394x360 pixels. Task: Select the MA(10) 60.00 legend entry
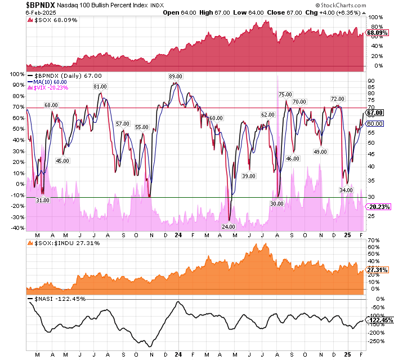pyautogui.click(x=55, y=81)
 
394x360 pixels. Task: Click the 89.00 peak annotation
pyautogui.click(x=176, y=76)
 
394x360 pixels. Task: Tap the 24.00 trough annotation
pyautogui.click(x=228, y=226)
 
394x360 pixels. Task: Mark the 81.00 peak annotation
pyautogui.click(x=100, y=86)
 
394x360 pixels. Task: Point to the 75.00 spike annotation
pyautogui.click(x=285, y=94)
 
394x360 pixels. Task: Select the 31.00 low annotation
pyautogui.click(x=43, y=200)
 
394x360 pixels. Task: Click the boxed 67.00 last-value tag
pyautogui.click(x=375, y=113)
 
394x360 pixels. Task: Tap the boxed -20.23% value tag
pyautogui.click(x=378, y=207)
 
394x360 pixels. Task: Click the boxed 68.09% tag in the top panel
pyautogui.click(x=376, y=33)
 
